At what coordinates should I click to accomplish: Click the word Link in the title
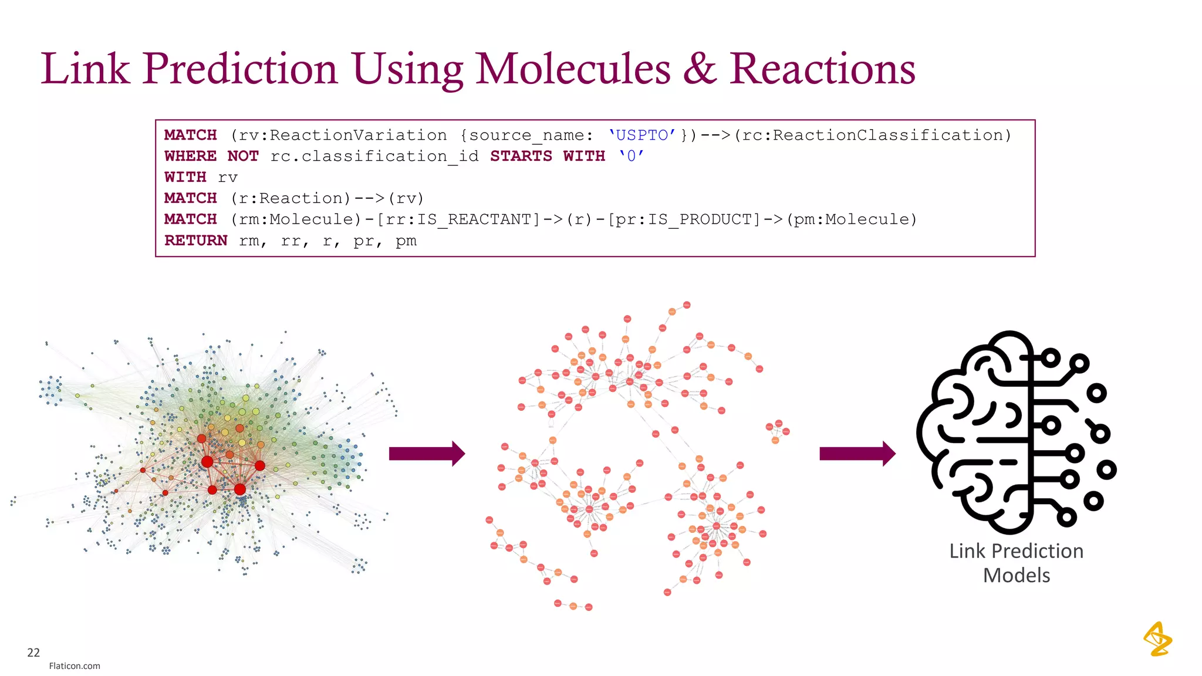click(x=85, y=69)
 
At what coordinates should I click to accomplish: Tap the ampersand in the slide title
click(x=699, y=69)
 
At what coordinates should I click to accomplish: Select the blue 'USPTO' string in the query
click(x=641, y=136)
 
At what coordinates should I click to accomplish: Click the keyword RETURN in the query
click(x=195, y=241)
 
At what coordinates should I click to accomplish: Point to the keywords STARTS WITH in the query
click(x=547, y=157)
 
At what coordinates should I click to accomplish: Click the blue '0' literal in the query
click(x=631, y=157)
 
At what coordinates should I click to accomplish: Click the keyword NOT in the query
click(x=243, y=157)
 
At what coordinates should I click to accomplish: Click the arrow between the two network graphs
click(x=427, y=454)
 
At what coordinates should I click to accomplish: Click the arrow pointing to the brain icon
click(x=857, y=454)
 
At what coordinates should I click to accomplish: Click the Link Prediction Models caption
click(x=1016, y=563)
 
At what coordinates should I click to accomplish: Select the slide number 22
click(x=33, y=653)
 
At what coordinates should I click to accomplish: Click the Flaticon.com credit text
click(x=75, y=666)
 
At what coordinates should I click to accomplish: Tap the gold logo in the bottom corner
click(x=1157, y=639)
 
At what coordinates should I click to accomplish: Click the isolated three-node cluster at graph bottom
click(x=573, y=606)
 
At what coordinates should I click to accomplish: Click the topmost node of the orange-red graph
click(x=687, y=305)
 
